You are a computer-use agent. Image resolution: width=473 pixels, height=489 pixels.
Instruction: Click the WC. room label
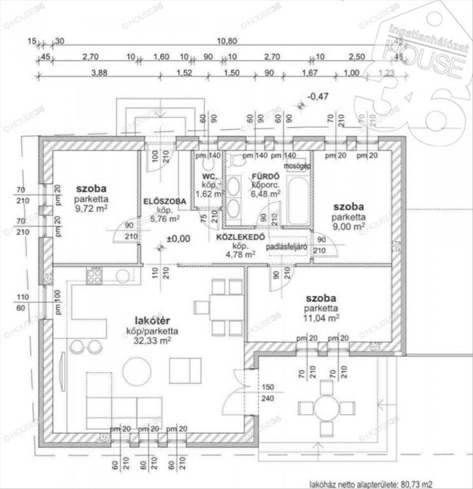pos(205,176)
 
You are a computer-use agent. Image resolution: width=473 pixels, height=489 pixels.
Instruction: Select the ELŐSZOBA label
pos(164,201)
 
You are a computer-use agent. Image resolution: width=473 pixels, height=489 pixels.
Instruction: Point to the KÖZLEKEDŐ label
pos(241,238)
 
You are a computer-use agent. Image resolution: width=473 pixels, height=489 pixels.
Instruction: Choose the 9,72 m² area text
pos(91,208)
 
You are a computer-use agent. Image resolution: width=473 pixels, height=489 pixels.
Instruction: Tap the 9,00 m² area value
pos(348,226)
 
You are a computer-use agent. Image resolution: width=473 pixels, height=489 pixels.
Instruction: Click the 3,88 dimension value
pos(99,73)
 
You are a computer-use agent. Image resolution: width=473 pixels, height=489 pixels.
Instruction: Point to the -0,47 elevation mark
pos(317,96)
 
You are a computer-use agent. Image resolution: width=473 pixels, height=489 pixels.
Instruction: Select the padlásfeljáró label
pos(287,247)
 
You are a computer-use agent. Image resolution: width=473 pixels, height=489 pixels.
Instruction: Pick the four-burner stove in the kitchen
pos(94,277)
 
